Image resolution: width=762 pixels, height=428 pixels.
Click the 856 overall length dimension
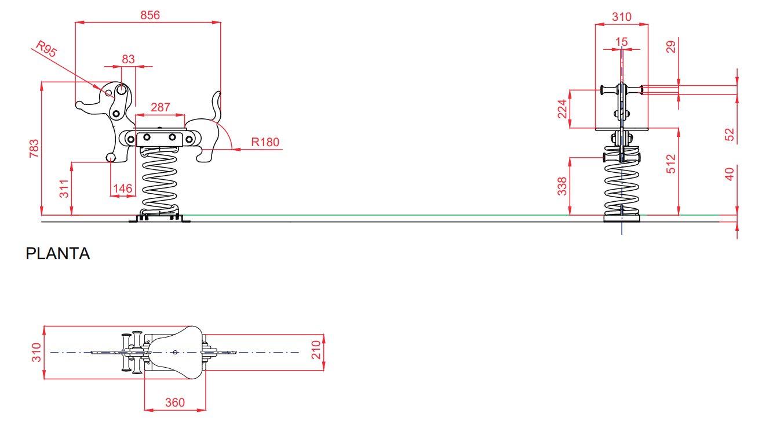pyautogui.click(x=150, y=15)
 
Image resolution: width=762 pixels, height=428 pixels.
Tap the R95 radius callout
pyautogui.click(x=46, y=49)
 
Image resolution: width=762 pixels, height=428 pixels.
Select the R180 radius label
pyautogui.click(x=265, y=142)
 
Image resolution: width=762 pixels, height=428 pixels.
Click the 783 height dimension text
pyautogui.click(x=34, y=148)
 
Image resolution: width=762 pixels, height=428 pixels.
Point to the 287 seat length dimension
pyautogui.click(x=161, y=107)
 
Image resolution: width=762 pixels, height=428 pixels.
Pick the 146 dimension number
pyautogui.click(x=122, y=188)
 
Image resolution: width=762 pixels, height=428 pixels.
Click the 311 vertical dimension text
pyautogui.click(x=64, y=188)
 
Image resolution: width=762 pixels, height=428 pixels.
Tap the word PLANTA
pyautogui.click(x=58, y=253)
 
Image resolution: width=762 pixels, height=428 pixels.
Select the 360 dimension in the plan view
pyautogui.click(x=175, y=402)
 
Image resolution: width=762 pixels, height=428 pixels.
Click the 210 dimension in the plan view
pyautogui.click(x=316, y=350)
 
